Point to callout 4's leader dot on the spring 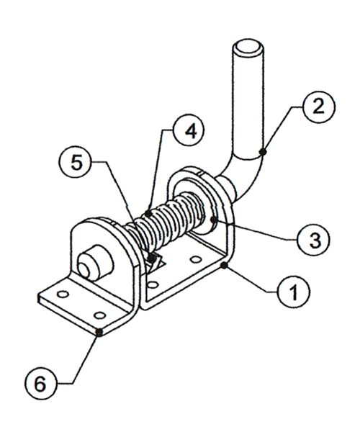click(147, 212)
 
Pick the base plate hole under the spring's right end click(194, 257)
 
